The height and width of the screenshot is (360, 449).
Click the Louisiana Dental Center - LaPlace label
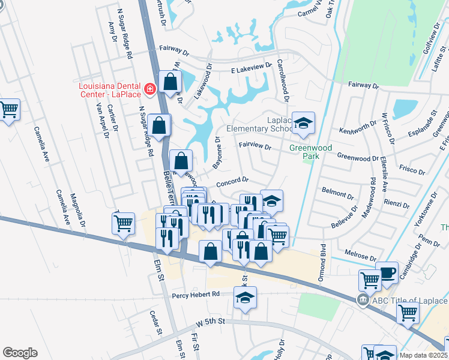tap(111, 90)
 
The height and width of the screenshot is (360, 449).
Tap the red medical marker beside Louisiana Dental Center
tap(149, 90)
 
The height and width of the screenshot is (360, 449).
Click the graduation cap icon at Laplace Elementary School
tap(303, 123)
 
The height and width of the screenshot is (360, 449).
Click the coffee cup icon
tap(387, 272)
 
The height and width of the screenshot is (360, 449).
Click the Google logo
tap(20, 353)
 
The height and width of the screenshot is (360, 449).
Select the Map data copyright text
tap(423, 355)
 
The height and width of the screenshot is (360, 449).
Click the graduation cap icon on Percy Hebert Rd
tap(245, 297)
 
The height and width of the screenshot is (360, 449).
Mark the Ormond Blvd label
tap(322, 262)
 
